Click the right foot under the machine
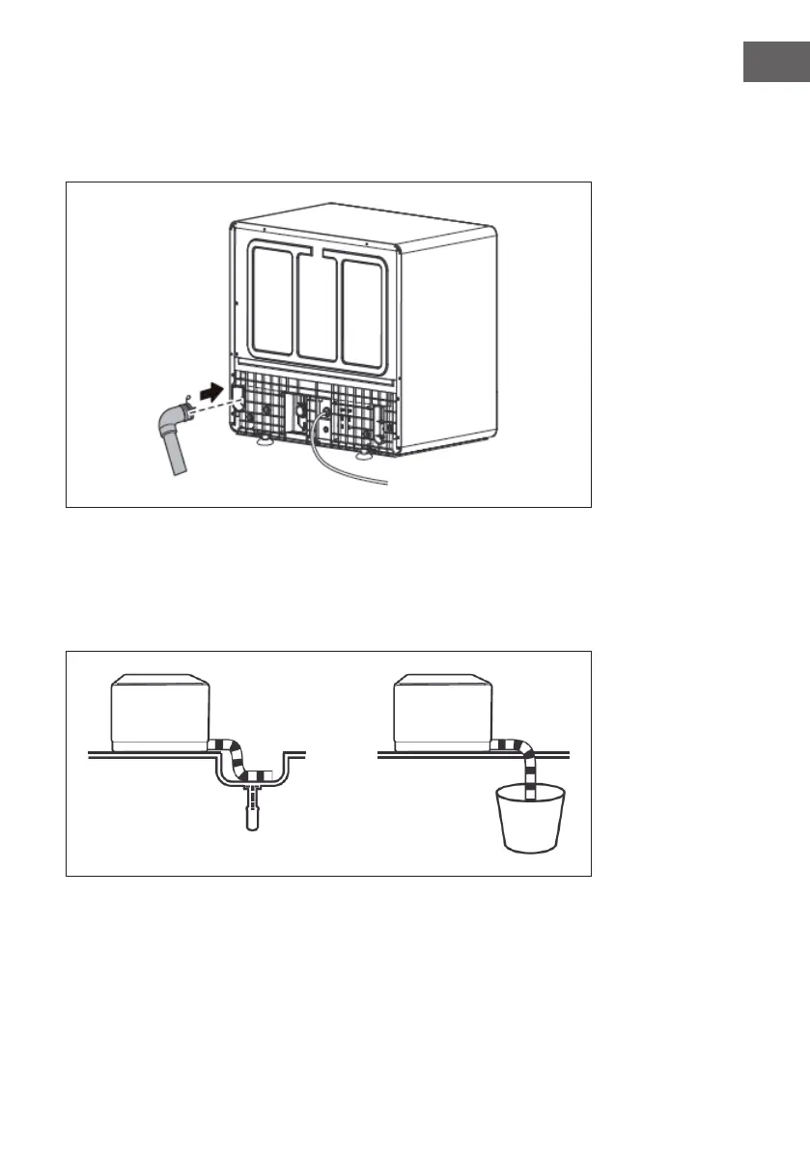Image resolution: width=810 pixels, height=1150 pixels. coord(366,452)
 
